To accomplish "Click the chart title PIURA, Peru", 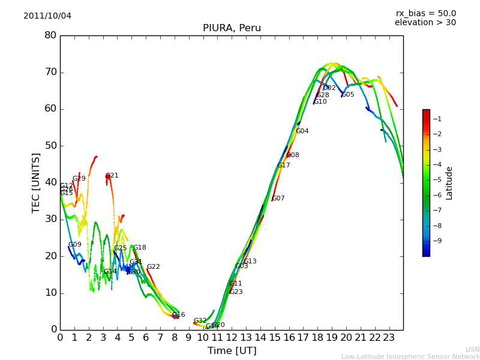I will (232, 28).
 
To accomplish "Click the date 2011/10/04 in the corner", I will (47, 16).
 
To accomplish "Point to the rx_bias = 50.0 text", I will (425, 13).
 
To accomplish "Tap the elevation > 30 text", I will (425, 23).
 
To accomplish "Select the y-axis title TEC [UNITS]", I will (36, 182).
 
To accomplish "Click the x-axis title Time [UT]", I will (232, 351).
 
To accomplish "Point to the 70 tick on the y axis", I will (50, 72).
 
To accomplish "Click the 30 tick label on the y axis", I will (50, 219).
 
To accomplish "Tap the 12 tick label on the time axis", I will (232, 338).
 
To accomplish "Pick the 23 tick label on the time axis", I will (389, 338).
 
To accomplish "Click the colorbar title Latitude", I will (449, 183).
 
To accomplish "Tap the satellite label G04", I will (302, 131).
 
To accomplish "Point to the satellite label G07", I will (278, 199).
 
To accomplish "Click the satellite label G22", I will (153, 267).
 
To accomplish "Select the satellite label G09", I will (74, 245).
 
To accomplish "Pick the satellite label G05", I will (347, 95).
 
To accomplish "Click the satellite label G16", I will (178, 315).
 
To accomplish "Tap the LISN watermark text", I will (473, 349).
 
